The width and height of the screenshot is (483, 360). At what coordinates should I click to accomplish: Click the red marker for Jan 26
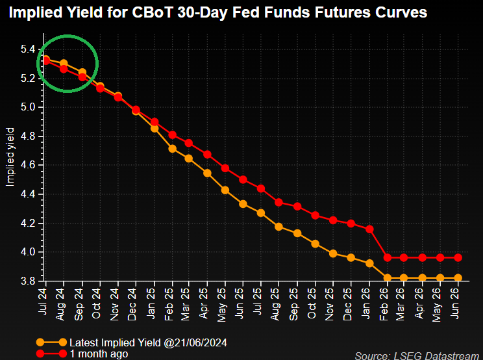pyautogui.click(x=370, y=229)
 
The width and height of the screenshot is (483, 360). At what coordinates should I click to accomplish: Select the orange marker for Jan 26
pyautogui.click(x=370, y=263)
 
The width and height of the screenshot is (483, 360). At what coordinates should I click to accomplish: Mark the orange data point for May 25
pyautogui.click(x=226, y=190)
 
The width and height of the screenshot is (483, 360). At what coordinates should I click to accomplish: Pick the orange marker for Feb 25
pyautogui.click(x=172, y=149)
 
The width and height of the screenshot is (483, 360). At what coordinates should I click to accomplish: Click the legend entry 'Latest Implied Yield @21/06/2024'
pyautogui.click(x=149, y=342)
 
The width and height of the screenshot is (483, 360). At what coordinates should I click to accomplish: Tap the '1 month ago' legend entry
pyautogui.click(x=99, y=354)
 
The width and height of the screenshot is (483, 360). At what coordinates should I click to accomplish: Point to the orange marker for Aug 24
pyautogui.click(x=64, y=64)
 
